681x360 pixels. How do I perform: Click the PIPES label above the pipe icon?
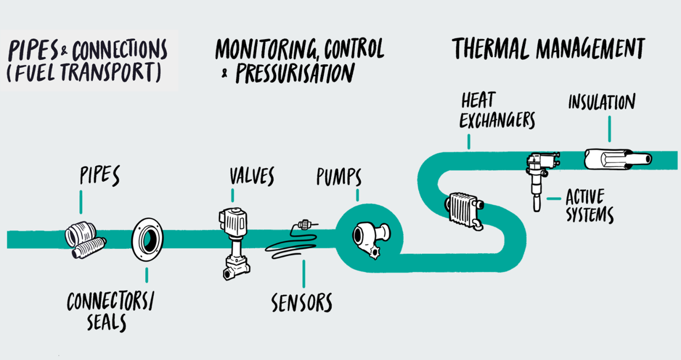pyautogui.click(x=100, y=176)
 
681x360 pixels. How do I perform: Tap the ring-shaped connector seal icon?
pyautogui.click(x=147, y=239)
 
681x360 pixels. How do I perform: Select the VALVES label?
pyautogui.click(x=251, y=176)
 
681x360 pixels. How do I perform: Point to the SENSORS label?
pyautogui.click(x=302, y=301)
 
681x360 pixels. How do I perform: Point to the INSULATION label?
pyautogui.click(x=601, y=102)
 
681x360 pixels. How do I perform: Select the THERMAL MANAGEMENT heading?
pyautogui.click(x=548, y=48)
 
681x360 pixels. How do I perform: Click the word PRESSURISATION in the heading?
pyautogui.click(x=295, y=73)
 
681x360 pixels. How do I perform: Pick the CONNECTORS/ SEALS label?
pyautogui.click(x=110, y=312)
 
